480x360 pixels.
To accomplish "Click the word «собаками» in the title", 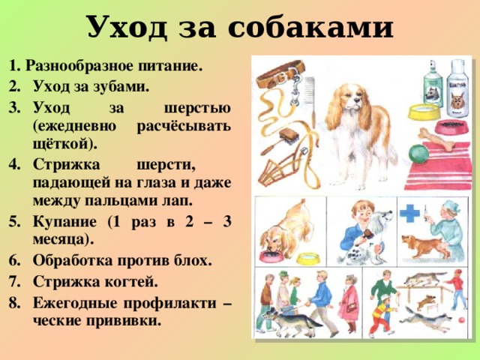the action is click(310, 27).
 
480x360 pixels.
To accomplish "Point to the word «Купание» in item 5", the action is click(64, 221).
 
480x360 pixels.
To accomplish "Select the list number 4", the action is click(14, 165).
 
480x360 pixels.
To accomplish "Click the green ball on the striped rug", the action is click(418, 154).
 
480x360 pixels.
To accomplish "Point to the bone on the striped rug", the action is click(436, 139).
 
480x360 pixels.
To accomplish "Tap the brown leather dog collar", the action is click(280, 74).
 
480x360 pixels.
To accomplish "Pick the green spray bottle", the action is click(433, 83).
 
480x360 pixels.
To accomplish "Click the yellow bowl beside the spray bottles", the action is click(424, 112).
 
